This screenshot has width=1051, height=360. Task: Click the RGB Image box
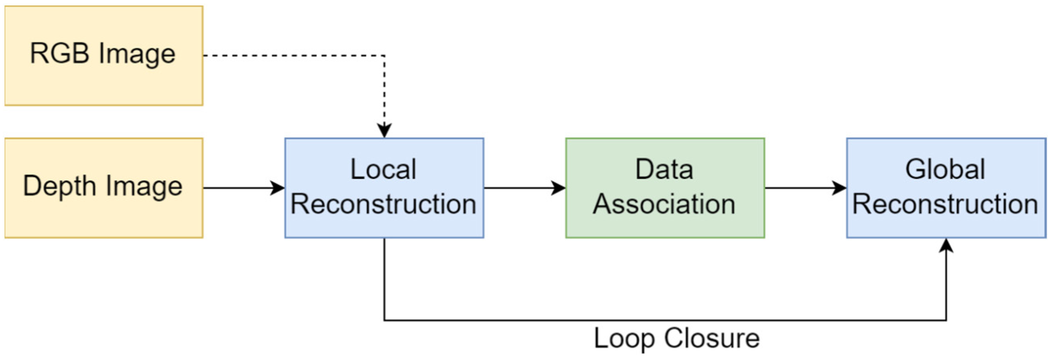(x=104, y=55)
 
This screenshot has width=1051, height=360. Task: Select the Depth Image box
(x=104, y=188)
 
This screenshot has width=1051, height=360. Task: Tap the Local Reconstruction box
(x=384, y=188)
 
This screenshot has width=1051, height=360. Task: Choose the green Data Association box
(x=665, y=188)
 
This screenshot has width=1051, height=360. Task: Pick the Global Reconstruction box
(x=946, y=188)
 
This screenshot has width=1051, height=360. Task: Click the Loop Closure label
(x=676, y=338)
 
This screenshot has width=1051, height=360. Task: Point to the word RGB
(x=59, y=53)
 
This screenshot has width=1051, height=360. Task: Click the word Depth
(x=59, y=186)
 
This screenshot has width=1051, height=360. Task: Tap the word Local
(x=383, y=169)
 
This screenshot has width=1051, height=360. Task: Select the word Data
(x=664, y=169)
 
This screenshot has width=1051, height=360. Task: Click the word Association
(x=664, y=204)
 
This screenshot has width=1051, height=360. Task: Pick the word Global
(x=945, y=169)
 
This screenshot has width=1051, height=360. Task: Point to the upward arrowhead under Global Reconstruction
(x=946, y=245)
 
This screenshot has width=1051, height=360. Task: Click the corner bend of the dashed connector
(x=384, y=55)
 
